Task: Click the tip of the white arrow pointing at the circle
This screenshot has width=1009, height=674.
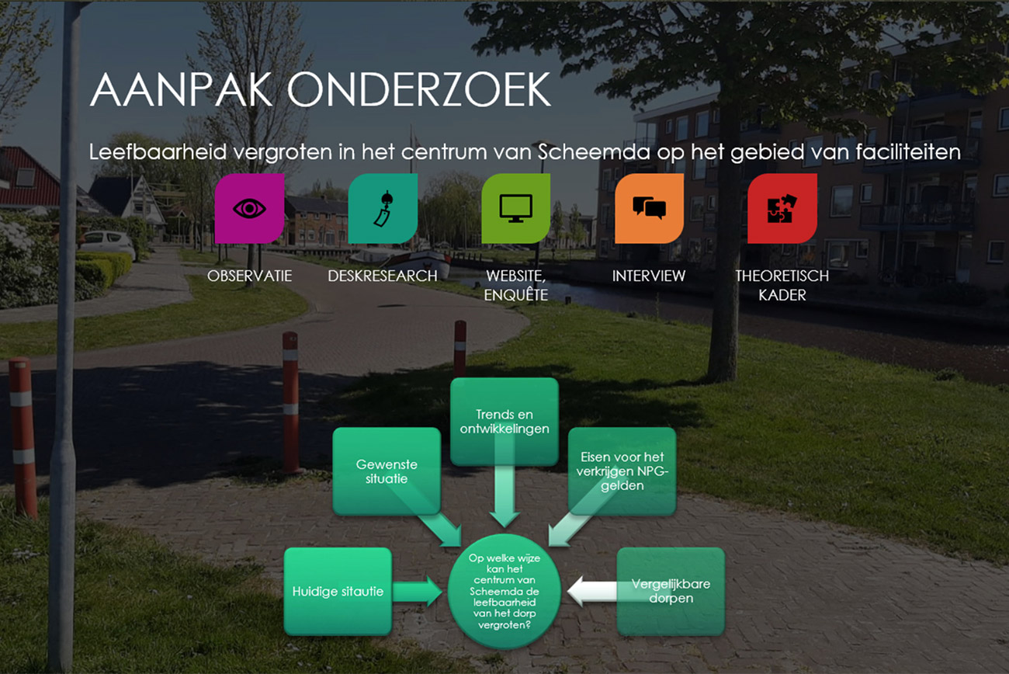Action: point(567,591)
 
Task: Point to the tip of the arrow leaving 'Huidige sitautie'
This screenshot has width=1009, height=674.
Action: point(442,591)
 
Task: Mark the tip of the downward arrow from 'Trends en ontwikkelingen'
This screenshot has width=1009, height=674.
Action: point(504,527)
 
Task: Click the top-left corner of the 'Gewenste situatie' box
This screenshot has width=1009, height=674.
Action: point(333,428)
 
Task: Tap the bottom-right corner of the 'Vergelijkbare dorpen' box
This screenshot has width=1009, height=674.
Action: point(725,635)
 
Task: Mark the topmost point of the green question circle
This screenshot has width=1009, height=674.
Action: point(504,533)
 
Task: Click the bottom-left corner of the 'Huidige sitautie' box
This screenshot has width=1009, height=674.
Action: point(284,635)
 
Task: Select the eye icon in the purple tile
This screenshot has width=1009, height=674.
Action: point(249,209)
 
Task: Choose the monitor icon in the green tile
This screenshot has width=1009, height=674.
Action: point(516,208)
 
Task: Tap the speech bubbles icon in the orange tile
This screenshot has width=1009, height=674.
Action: point(649,208)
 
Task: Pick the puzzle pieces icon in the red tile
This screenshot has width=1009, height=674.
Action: point(782,208)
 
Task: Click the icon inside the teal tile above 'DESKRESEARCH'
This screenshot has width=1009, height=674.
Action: point(383,208)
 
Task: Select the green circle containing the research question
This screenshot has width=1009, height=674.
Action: point(504,591)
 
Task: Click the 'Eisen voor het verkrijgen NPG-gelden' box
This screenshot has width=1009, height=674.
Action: point(622,471)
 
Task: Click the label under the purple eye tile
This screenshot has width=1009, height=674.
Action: point(250,276)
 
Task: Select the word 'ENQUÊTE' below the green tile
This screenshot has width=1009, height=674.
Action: point(516,294)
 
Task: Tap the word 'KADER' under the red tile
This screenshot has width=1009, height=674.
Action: point(782,295)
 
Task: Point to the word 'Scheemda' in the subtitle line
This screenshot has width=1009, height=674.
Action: point(594,152)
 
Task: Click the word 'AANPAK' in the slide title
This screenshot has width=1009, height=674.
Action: point(181,89)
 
